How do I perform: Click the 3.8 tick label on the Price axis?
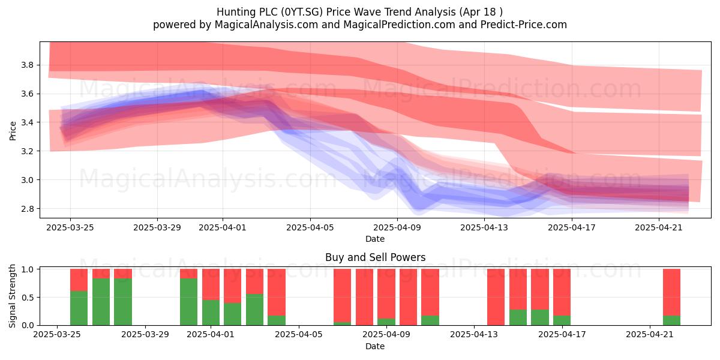[27, 65]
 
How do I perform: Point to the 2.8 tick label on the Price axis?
[27, 209]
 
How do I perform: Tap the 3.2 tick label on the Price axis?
[27, 151]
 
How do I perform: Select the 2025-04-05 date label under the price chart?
[310, 227]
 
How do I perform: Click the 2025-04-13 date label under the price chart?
[484, 227]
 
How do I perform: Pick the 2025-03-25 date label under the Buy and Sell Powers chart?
[57, 335]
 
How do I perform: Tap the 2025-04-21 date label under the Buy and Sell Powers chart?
[650, 335]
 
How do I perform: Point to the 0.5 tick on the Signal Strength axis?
[27, 298]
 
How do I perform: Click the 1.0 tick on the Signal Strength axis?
[27, 269]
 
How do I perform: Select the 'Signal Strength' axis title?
[12, 296]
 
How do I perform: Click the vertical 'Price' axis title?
[13, 131]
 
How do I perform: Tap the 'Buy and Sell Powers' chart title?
[375, 257]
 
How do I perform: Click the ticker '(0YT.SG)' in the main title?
[301, 12]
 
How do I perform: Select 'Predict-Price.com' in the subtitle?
[524, 25]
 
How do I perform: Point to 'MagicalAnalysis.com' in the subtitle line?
[266, 25]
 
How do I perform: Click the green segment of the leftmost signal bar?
[79, 308]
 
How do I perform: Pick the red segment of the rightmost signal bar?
[671, 292]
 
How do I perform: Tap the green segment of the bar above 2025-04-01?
[211, 313]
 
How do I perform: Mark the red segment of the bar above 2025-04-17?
[562, 292]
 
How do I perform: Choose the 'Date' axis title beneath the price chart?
[375, 239]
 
